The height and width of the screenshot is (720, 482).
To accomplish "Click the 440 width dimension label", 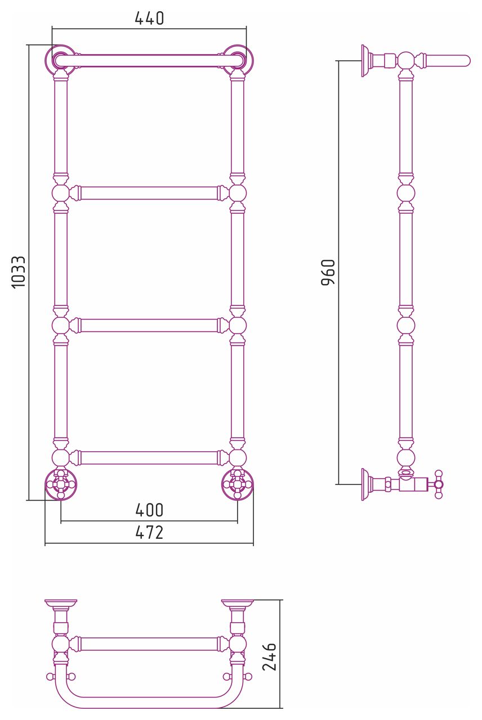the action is coord(149,19).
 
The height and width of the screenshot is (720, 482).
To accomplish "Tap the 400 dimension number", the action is coord(149,510).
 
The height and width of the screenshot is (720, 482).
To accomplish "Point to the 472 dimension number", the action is coord(149,532).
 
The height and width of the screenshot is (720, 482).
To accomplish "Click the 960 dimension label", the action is coord(328,272).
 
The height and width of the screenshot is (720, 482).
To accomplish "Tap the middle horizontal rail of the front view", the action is coord(149,325).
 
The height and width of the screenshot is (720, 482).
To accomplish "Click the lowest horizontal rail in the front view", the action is coord(149,457).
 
